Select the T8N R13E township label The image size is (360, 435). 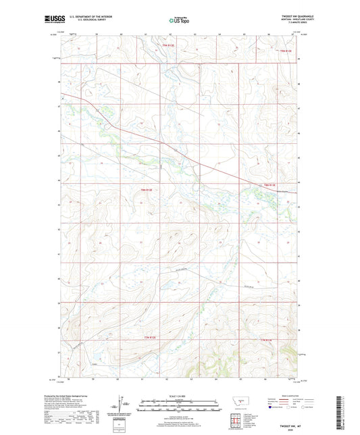pyautogui.click(x=269, y=184)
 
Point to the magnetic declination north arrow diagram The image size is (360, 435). pyautogui.click(x=120, y=407)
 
